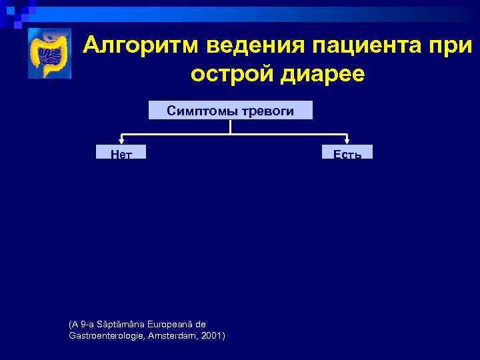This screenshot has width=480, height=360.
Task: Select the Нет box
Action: (121, 153)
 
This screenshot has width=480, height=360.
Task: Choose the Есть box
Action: (347, 153)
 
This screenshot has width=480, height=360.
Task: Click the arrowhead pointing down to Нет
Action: (121, 141)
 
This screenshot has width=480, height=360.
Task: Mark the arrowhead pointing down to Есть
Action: (347, 141)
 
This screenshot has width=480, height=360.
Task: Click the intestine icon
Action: (49, 53)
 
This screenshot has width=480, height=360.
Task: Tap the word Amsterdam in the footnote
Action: (174, 335)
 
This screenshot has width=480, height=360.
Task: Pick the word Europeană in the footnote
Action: (167, 323)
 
